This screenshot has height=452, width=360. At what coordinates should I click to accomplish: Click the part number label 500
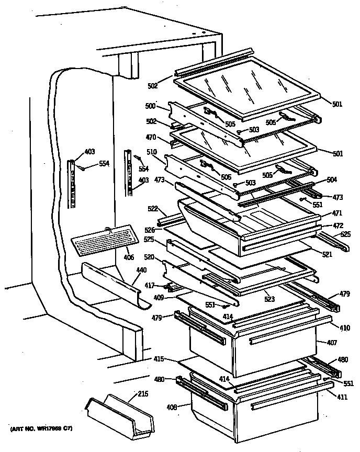click(151, 106)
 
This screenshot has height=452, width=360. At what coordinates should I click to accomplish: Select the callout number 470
click(151, 139)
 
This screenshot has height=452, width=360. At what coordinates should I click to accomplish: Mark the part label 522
click(153, 209)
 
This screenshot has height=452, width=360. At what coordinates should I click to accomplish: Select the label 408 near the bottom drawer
click(172, 406)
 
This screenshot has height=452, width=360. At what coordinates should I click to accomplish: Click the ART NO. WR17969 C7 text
click(41, 430)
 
